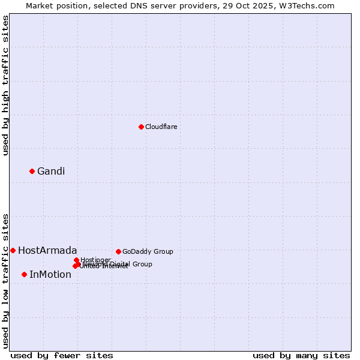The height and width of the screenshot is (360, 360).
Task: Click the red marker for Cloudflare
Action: [x=141, y=127]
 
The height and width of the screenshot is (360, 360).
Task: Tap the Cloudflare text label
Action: [x=161, y=127]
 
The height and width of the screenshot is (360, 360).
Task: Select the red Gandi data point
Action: [x=32, y=171]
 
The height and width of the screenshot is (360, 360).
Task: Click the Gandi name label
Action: [x=51, y=171]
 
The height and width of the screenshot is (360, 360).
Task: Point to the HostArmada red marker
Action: [x=13, y=250]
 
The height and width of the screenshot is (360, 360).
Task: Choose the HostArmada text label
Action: [x=47, y=250]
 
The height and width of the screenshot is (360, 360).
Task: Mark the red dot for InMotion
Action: [x=24, y=274]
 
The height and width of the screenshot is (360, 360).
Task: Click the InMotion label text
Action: [x=50, y=274]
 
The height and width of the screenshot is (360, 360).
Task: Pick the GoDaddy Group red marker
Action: [x=118, y=251]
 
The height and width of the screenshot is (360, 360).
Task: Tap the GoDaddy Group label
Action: [x=148, y=251]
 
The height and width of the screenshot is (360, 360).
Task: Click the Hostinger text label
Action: [x=96, y=260]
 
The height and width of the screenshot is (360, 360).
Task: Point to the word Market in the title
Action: [x=39, y=5]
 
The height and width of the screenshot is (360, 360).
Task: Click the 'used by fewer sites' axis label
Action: [x=62, y=355]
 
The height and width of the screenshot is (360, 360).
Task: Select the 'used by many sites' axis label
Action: [x=301, y=355]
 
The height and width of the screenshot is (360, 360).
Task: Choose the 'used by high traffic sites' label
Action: [x=5, y=85]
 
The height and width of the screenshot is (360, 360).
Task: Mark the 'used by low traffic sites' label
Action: [x=5, y=280]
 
